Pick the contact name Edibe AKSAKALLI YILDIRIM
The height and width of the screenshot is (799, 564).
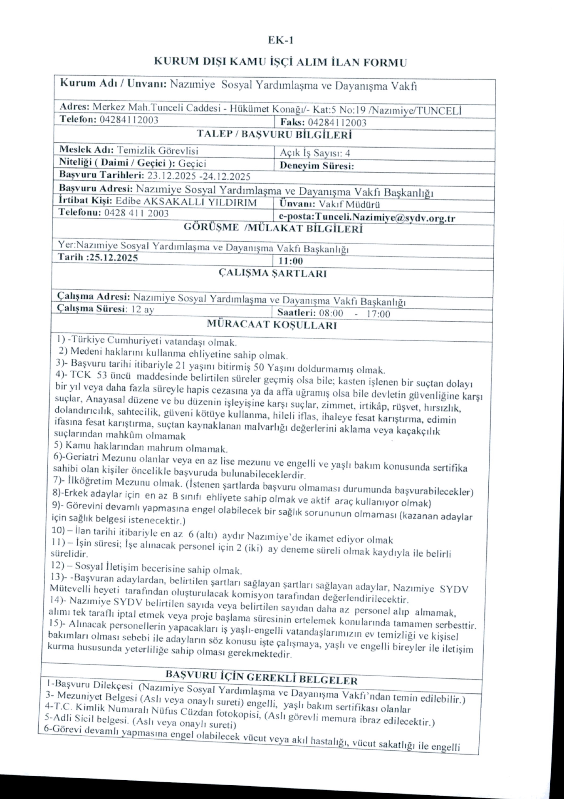186,202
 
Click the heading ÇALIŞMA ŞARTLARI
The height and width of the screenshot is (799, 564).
272,273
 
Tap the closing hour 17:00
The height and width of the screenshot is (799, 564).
378,314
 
